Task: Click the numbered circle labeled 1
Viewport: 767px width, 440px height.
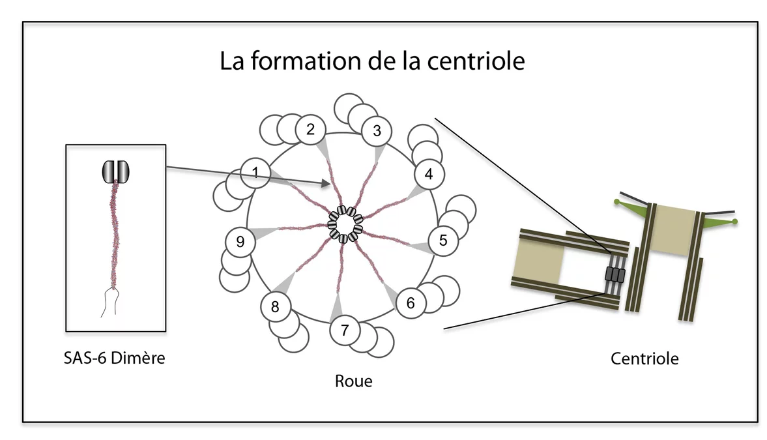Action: coord(255,173)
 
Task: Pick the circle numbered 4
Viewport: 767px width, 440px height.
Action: coord(428,174)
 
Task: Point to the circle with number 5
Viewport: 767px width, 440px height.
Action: coord(443,240)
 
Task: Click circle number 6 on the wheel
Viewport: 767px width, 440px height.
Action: coord(410,303)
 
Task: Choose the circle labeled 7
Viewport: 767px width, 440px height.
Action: coord(345,330)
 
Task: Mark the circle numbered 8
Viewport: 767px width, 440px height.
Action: coord(275,306)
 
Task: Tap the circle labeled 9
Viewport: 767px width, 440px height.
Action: coord(240,242)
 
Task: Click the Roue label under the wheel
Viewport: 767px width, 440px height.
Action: coord(353,381)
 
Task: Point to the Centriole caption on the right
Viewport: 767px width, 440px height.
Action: coord(644,358)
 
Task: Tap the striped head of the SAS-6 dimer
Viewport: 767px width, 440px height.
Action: coord(116,171)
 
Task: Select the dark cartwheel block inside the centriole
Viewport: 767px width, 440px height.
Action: coord(615,274)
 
